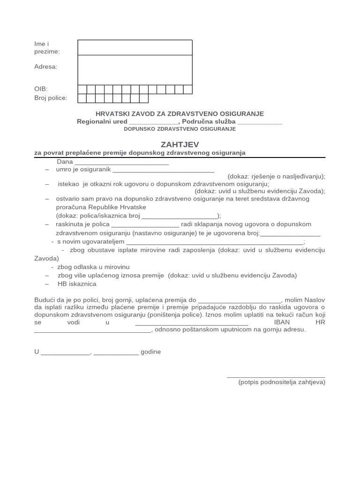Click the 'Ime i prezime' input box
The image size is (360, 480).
(135, 47)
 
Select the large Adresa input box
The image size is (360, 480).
(135, 70)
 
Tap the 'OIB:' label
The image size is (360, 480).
(41, 89)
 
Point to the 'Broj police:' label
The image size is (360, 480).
(51, 98)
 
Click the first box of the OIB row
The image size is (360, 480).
(82, 89)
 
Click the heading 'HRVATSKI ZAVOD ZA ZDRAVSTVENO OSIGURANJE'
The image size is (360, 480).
(180, 114)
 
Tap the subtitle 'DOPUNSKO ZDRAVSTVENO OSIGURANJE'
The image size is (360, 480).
(180, 129)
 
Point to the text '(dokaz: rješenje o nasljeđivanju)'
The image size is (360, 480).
(276, 177)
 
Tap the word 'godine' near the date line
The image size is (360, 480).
(150, 352)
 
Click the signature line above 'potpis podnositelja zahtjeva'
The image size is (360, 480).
(276, 376)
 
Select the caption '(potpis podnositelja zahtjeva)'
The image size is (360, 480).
(281, 382)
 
